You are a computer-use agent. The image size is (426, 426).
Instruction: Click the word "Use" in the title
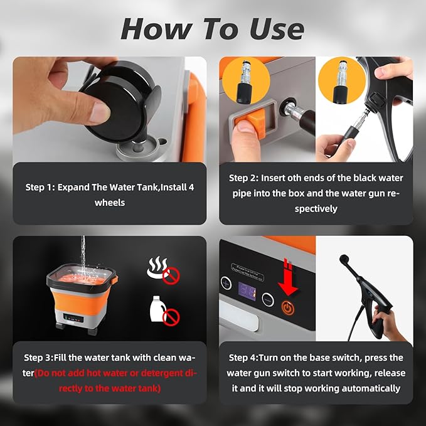click(x=277, y=29)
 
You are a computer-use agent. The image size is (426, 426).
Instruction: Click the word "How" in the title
click(x=156, y=29)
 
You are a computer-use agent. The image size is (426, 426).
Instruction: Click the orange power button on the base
click(x=288, y=308)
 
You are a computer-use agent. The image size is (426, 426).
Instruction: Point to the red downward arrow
click(x=288, y=277)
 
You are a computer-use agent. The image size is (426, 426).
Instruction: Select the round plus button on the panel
click(x=226, y=283)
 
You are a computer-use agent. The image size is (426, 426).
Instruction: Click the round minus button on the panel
click(x=268, y=299)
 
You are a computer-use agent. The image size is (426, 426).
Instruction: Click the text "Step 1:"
click(x=40, y=187)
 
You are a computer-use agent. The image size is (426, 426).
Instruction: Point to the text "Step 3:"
click(x=38, y=358)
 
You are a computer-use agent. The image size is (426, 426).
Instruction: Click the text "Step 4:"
click(x=243, y=358)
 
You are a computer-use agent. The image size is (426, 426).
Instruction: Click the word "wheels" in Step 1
click(x=110, y=203)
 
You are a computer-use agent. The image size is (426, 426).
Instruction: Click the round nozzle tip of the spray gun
click(x=344, y=258)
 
